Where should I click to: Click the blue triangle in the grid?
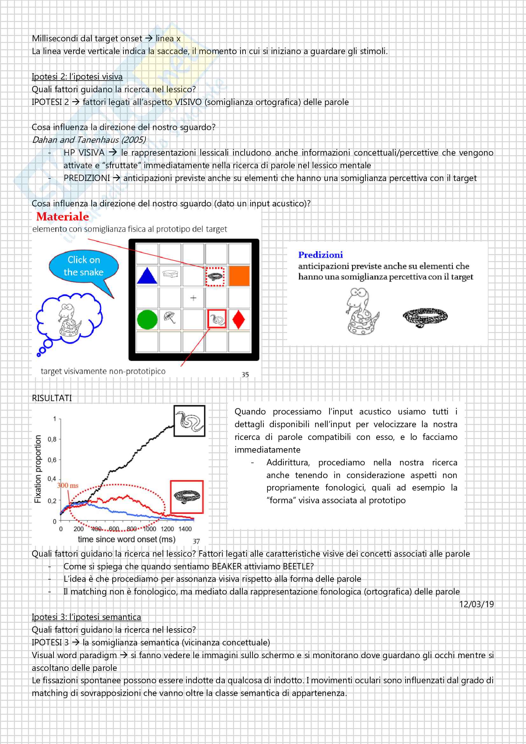(x=147, y=276)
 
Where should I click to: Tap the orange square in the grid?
(x=239, y=276)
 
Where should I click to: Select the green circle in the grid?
(x=147, y=319)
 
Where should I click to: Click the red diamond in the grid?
(x=239, y=319)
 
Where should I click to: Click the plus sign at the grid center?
(x=193, y=298)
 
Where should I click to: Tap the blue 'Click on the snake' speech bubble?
(x=84, y=266)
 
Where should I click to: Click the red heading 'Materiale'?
(x=63, y=217)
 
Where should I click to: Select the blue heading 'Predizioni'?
(x=320, y=255)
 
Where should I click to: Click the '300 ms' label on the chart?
(x=68, y=485)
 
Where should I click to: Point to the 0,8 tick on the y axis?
(x=52, y=439)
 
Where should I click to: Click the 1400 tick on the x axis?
(x=185, y=529)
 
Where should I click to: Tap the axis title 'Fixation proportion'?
(x=38, y=469)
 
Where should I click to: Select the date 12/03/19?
(x=476, y=604)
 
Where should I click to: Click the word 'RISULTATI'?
(x=52, y=398)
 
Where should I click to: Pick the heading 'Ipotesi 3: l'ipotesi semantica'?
(x=86, y=617)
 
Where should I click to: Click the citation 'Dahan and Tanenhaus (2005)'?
(x=89, y=140)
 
